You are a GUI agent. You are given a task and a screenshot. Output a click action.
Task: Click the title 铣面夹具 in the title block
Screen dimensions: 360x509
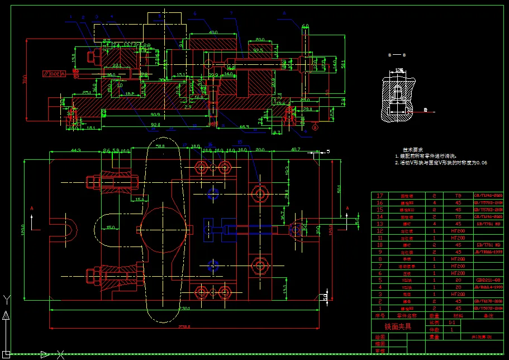click(397, 326)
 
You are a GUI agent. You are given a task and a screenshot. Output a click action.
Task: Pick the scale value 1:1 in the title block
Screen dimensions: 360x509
click(444, 323)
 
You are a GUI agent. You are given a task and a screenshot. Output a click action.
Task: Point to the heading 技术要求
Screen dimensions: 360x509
click(412, 150)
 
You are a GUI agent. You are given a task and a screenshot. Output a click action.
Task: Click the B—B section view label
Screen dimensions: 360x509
click(397, 55)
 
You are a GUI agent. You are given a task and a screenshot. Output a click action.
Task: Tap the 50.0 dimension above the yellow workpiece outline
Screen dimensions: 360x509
click(160, 146)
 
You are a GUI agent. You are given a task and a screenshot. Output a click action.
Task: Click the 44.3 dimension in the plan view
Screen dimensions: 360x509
click(75, 150)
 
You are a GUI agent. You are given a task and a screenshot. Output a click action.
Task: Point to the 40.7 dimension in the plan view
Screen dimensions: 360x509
click(295, 150)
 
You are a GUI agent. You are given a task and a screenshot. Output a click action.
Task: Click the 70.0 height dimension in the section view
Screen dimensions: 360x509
click(25, 79)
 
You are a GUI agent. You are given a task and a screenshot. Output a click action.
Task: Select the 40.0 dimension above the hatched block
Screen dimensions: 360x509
click(212, 32)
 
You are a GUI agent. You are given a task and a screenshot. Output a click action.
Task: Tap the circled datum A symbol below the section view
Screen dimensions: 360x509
click(315, 127)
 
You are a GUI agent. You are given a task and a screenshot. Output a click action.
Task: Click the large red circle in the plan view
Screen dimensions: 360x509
click(163, 229)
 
